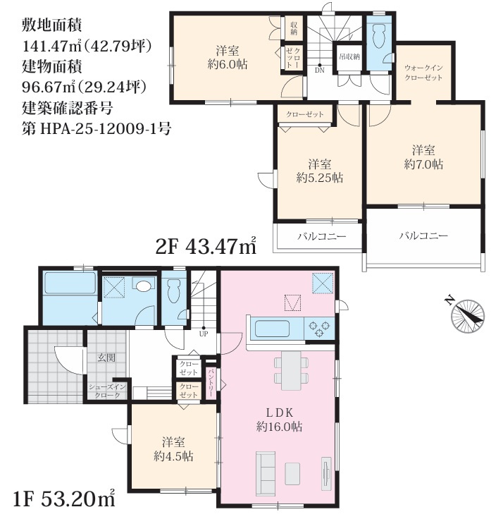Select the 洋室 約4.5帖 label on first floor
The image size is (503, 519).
pyautogui.click(x=173, y=449)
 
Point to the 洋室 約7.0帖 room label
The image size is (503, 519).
pyautogui.click(x=423, y=157)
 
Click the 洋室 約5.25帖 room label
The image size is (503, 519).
pyautogui.click(x=319, y=170)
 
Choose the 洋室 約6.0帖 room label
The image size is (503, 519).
pyautogui.click(x=226, y=57)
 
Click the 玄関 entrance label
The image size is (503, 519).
pyautogui.click(x=106, y=358)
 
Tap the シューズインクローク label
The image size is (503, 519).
pyautogui.click(x=107, y=391)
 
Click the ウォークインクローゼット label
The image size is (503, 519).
pyautogui.click(x=423, y=73)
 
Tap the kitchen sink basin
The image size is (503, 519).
pyautogui.click(x=271, y=329)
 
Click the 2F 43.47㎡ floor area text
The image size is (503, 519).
pyautogui.click(x=205, y=247)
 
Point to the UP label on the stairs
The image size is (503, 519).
pyautogui.click(x=204, y=334)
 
